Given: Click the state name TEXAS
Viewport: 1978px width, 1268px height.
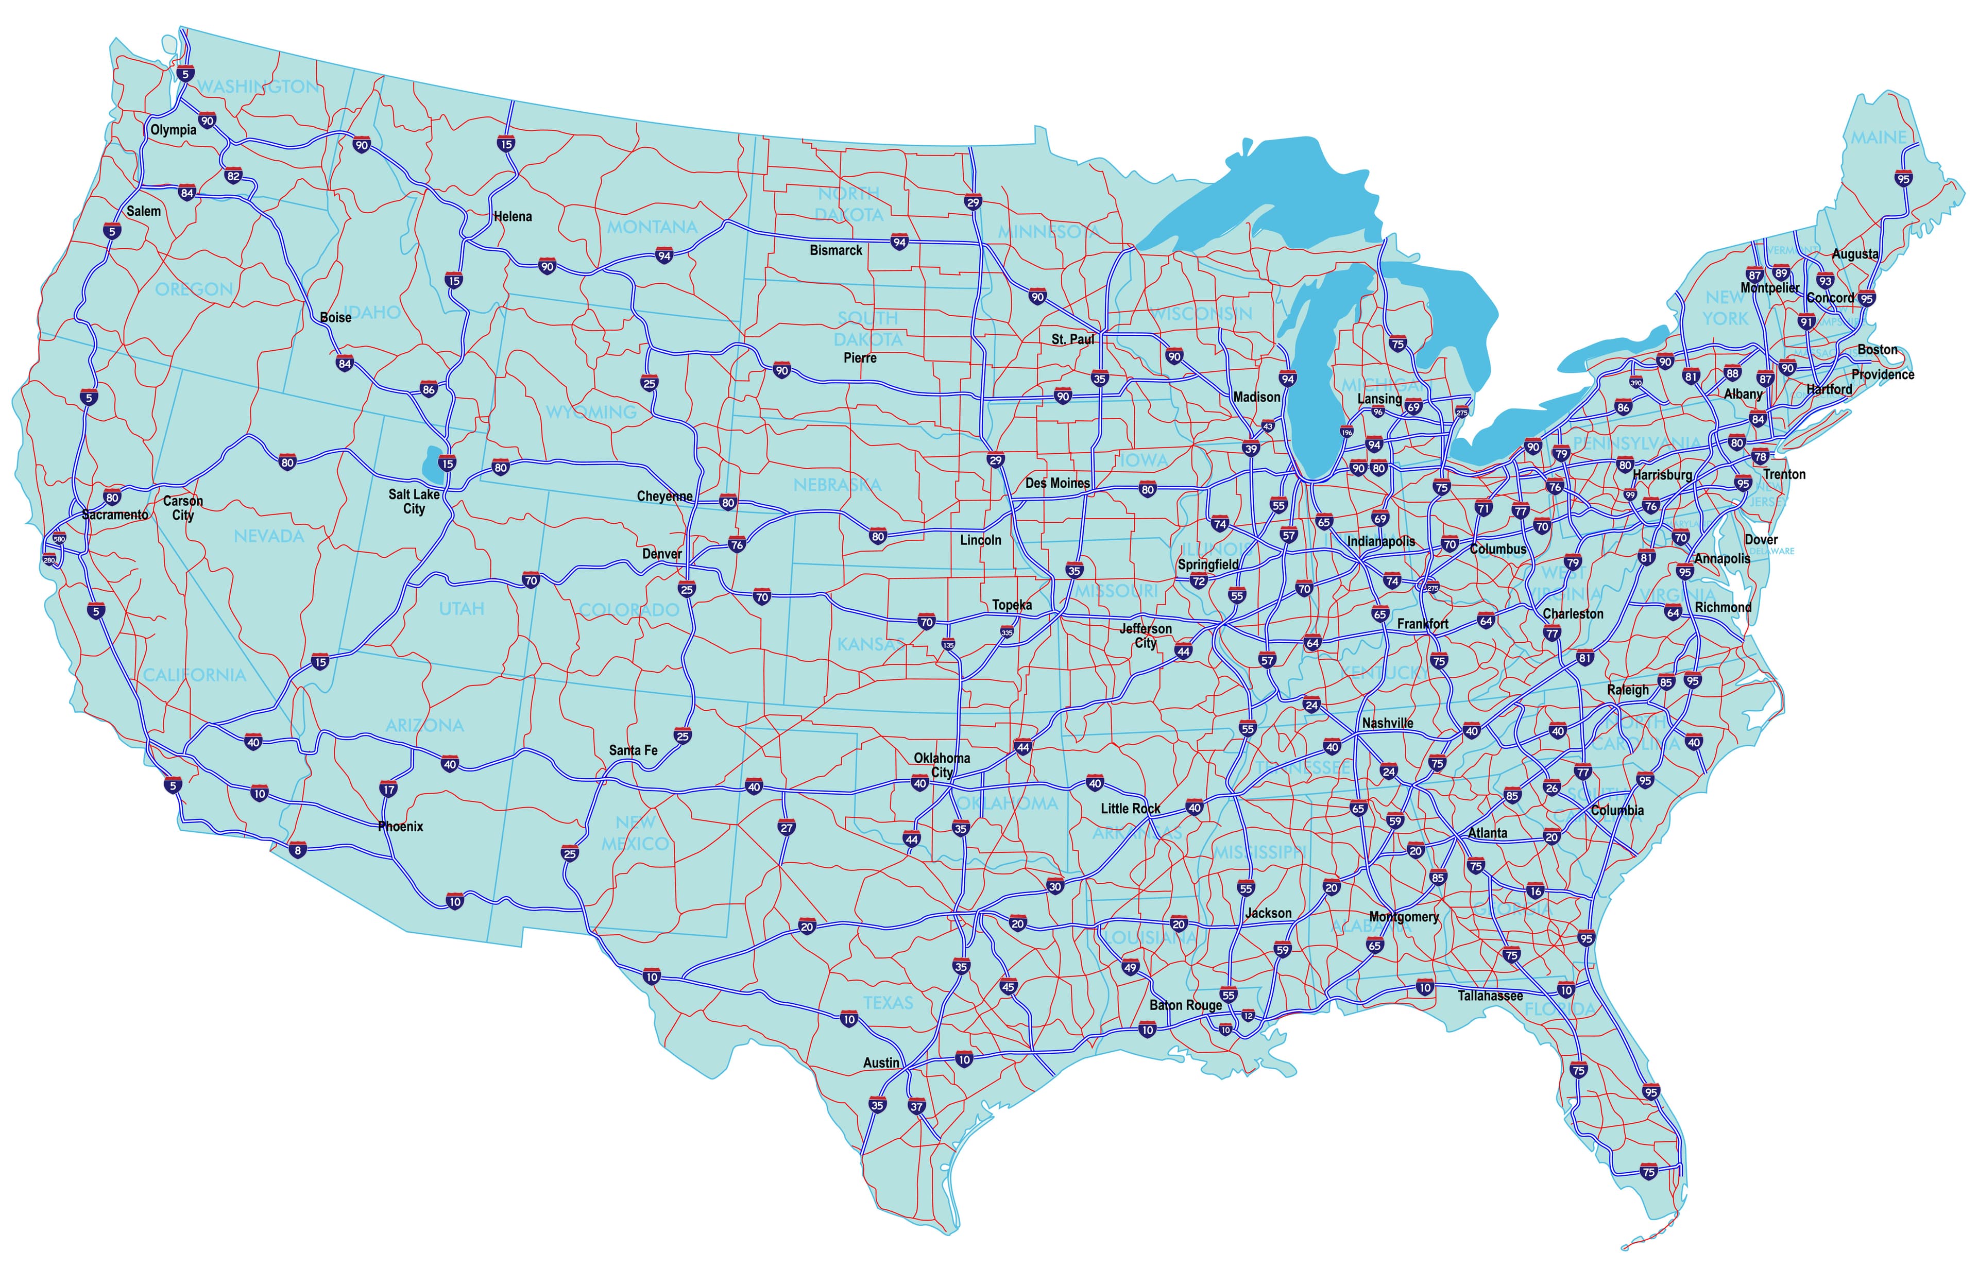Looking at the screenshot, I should coord(888,1002).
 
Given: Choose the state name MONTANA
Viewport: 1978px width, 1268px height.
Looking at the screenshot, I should coord(652,227).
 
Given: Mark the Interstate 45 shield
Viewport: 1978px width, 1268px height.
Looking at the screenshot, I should coord(1008,986).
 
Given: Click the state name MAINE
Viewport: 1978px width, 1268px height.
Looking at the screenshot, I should coord(1879,138).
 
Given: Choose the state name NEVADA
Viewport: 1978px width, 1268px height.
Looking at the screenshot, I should coord(268,536).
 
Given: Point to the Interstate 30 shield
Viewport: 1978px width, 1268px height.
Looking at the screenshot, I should coord(1055,887).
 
